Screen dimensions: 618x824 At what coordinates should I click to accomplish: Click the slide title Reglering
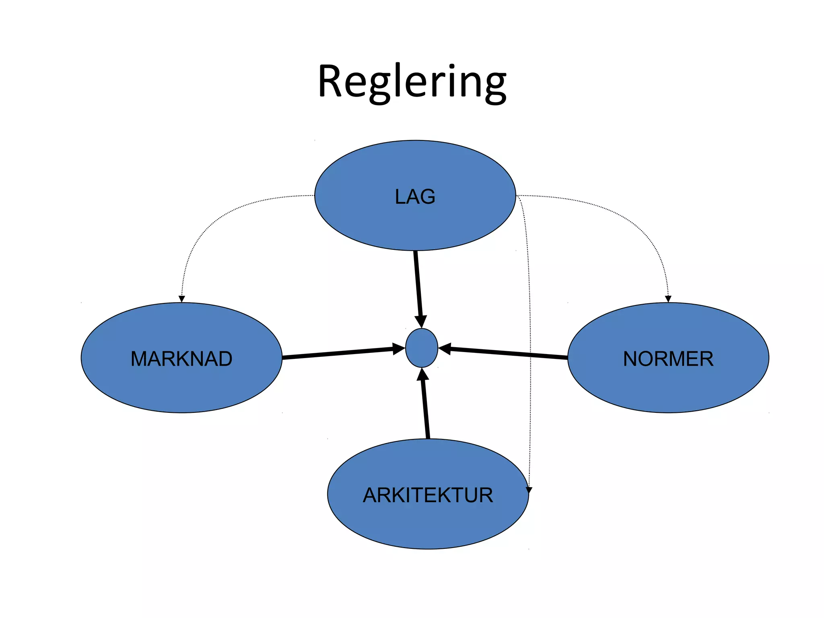tap(412, 82)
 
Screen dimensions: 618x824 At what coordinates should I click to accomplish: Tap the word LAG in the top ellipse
tap(415, 197)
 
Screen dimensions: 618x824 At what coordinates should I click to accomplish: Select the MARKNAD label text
tap(181, 359)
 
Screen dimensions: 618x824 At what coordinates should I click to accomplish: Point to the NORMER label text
tap(668, 359)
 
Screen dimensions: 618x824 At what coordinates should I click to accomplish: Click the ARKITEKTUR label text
tap(428, 495)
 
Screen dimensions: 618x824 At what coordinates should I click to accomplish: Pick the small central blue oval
tap(421, 348)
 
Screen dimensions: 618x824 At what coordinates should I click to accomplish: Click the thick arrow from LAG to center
tap(418, 282)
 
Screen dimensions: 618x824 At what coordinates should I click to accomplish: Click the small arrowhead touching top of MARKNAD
tap(181, 299)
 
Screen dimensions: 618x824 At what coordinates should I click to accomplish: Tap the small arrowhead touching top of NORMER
tap(668, 299)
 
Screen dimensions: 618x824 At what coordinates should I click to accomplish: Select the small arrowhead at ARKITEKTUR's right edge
tap(529, 490)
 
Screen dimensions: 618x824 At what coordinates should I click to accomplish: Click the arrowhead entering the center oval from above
tap(420, 321)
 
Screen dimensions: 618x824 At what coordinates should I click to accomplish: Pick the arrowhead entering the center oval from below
tap(422, 375)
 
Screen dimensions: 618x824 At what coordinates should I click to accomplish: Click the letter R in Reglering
tap(330, 82)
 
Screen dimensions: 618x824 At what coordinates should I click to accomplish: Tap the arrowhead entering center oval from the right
tap(444, 348)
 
